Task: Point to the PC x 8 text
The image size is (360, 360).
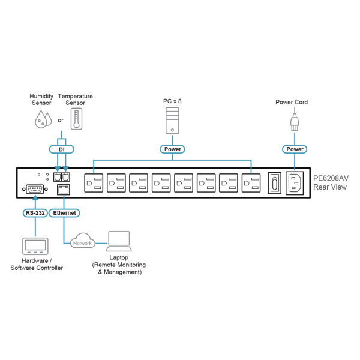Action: tap(172, 102)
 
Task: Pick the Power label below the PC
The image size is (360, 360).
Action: tap(172, 149)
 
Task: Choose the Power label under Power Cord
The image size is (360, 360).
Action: tap(295, 149)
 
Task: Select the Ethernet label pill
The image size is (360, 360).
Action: tap(64, 212)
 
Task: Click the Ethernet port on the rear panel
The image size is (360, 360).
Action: tap(62, 190)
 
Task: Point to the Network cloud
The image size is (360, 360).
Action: tap(82, 242)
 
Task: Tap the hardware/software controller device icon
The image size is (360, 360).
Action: tap(35, 246)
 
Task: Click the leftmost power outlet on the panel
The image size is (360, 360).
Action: tap(94, 183)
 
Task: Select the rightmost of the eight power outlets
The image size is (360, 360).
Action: tap(251, 183)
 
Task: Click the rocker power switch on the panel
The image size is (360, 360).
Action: tap(274, 183)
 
